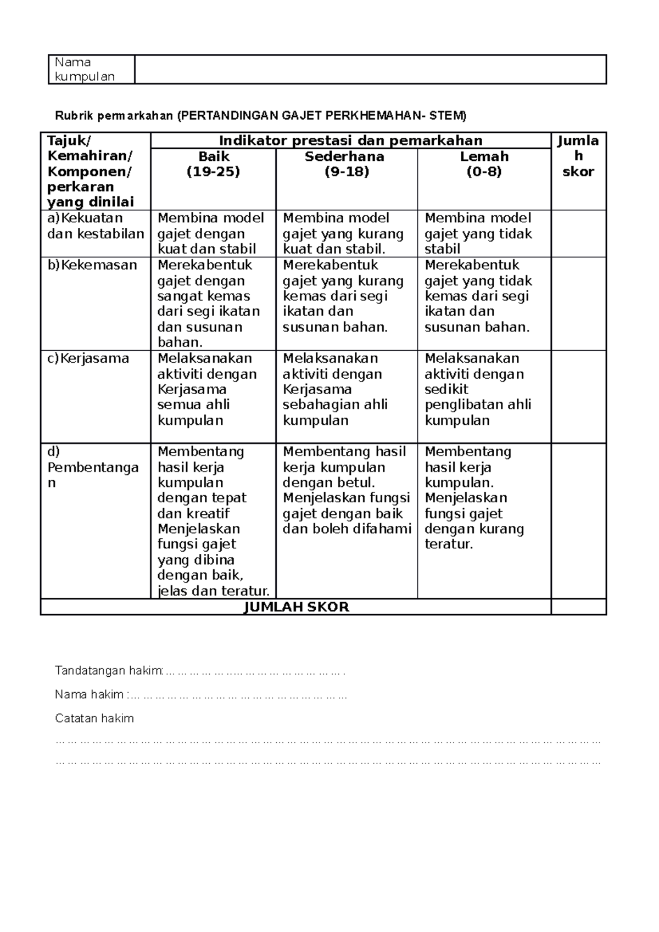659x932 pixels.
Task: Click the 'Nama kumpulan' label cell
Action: [x=91, y=69]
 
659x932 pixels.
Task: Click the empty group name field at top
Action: [x=370, y=69]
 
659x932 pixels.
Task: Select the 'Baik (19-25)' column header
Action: [x=213, y=164]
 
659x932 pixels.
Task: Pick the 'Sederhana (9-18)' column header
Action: [x=346, y=164]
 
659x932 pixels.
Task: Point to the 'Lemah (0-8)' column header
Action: [x=484, y=164]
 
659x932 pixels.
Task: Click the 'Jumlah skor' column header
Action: [x=578, y=156]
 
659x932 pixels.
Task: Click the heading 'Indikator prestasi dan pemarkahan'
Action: [x=350, y=141]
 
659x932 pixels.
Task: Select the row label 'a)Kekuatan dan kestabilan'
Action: [x=95, y=226]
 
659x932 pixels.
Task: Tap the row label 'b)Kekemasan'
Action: [x=92, y=265]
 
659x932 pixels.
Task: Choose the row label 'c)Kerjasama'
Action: [x=88, y=358]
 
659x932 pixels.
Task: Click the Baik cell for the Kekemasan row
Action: [x=213, y=304]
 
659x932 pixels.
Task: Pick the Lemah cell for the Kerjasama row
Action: [x=483, y=389]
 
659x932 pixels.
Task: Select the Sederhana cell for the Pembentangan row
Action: [x=346, y=490]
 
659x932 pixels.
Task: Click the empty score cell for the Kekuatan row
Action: [x=578, y=233]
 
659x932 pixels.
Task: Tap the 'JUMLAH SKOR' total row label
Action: [x=296, y=607]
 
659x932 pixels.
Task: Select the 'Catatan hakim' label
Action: [x=94, y=718]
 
